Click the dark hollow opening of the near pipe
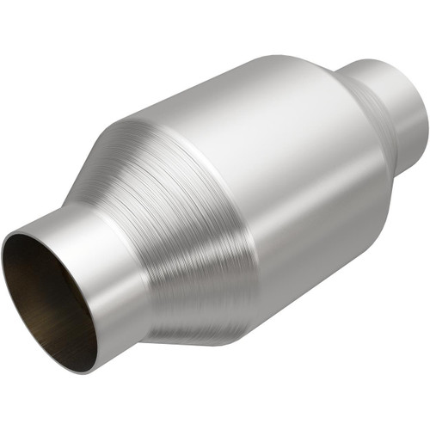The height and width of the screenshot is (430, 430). pyautogui.click(x=47, y=292)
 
